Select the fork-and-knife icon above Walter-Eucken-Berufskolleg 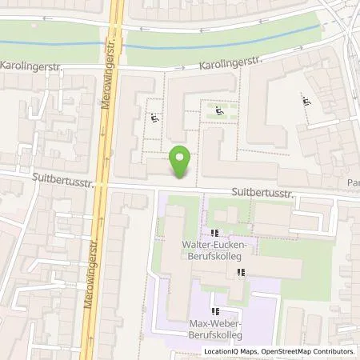pyautogui.click(x=214, y=233)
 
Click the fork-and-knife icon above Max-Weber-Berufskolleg pyautogui.click(x=214, y=310)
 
